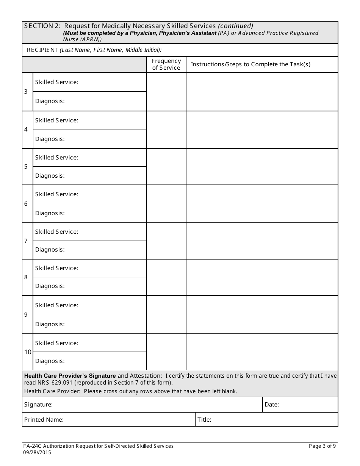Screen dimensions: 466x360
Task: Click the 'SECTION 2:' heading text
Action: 42,26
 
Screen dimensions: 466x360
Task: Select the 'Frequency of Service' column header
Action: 166,64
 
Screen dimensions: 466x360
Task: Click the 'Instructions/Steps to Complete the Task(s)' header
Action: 250,64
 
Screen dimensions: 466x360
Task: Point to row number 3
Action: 26,92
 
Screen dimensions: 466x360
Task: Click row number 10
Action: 28,352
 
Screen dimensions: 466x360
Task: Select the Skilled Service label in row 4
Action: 56,120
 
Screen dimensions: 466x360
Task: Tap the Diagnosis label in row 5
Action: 50,176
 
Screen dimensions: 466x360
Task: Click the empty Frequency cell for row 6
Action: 166,204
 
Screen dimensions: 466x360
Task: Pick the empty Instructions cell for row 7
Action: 262,241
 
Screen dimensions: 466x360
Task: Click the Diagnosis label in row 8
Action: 50,286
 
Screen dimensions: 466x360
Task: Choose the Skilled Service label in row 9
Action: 56,305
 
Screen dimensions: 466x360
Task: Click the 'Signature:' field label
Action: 38,405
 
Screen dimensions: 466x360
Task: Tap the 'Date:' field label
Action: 272,405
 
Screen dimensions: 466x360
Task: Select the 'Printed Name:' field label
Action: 44,420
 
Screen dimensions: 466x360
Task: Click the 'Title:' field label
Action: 204,420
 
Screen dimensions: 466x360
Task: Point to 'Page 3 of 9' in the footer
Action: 322,446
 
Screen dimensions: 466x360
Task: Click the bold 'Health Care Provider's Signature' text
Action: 70,376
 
